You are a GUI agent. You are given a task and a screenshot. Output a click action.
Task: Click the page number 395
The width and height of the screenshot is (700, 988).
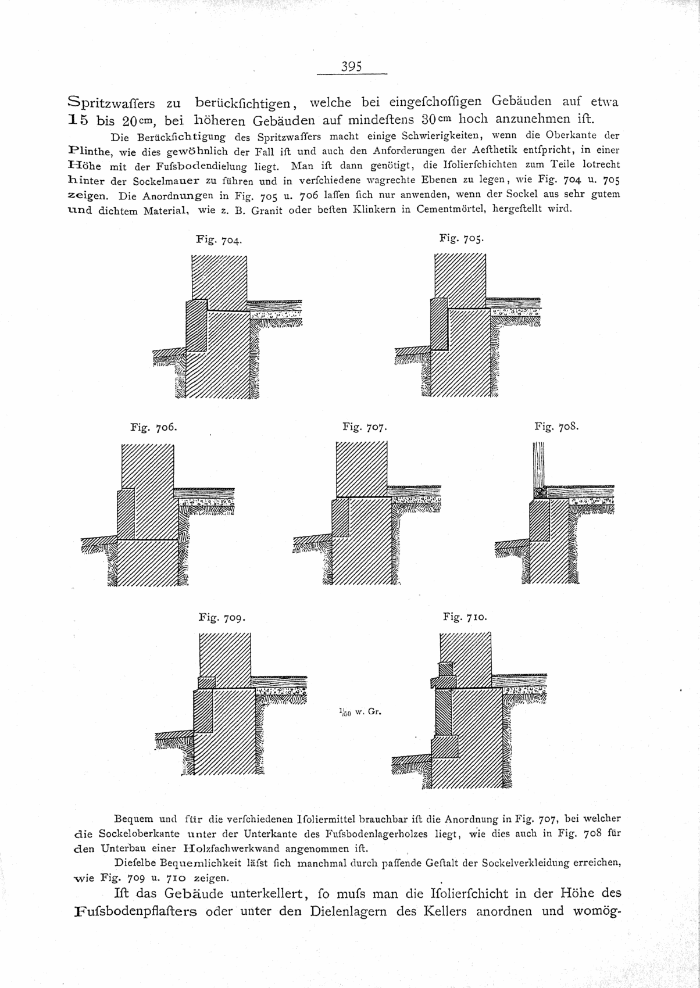(352, 66)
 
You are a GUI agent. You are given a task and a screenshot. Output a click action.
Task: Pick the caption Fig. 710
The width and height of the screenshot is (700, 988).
(465, 617)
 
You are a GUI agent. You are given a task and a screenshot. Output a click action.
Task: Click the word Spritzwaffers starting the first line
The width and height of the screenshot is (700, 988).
(111, 103)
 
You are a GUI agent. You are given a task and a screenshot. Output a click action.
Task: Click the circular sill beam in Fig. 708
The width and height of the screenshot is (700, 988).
(539, 492)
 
